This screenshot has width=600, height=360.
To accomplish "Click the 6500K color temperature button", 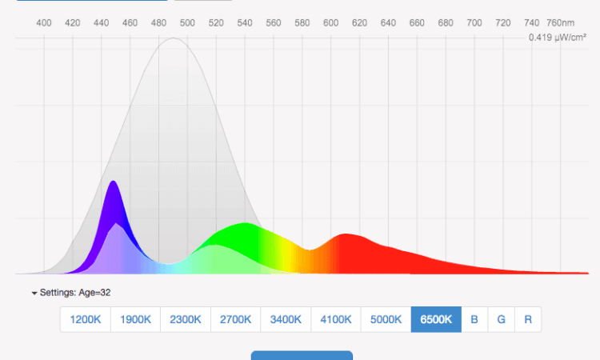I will point(436,319).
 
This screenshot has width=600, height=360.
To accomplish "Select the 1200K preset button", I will point(86,319).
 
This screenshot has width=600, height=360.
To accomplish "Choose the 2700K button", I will point(236,319).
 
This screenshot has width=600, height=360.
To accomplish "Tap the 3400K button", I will point(286,319).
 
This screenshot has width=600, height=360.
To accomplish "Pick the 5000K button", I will point(386,319).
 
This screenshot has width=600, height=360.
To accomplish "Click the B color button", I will point(474,319).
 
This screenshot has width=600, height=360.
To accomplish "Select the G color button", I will point(502,319).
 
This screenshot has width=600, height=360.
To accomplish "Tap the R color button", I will point(528,319).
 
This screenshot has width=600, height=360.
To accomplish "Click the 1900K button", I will point(135,319).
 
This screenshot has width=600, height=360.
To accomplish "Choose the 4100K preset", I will point(336,319).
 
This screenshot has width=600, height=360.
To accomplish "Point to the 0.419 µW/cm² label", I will point(557,38).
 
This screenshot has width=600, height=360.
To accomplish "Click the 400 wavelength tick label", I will point(45,22).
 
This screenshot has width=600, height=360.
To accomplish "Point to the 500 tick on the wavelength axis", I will point(188,22).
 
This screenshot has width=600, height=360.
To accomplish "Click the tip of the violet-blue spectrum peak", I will point(114,182).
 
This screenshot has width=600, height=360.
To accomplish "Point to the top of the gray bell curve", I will point(174,38).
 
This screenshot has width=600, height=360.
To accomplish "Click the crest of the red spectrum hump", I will point(346,234).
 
